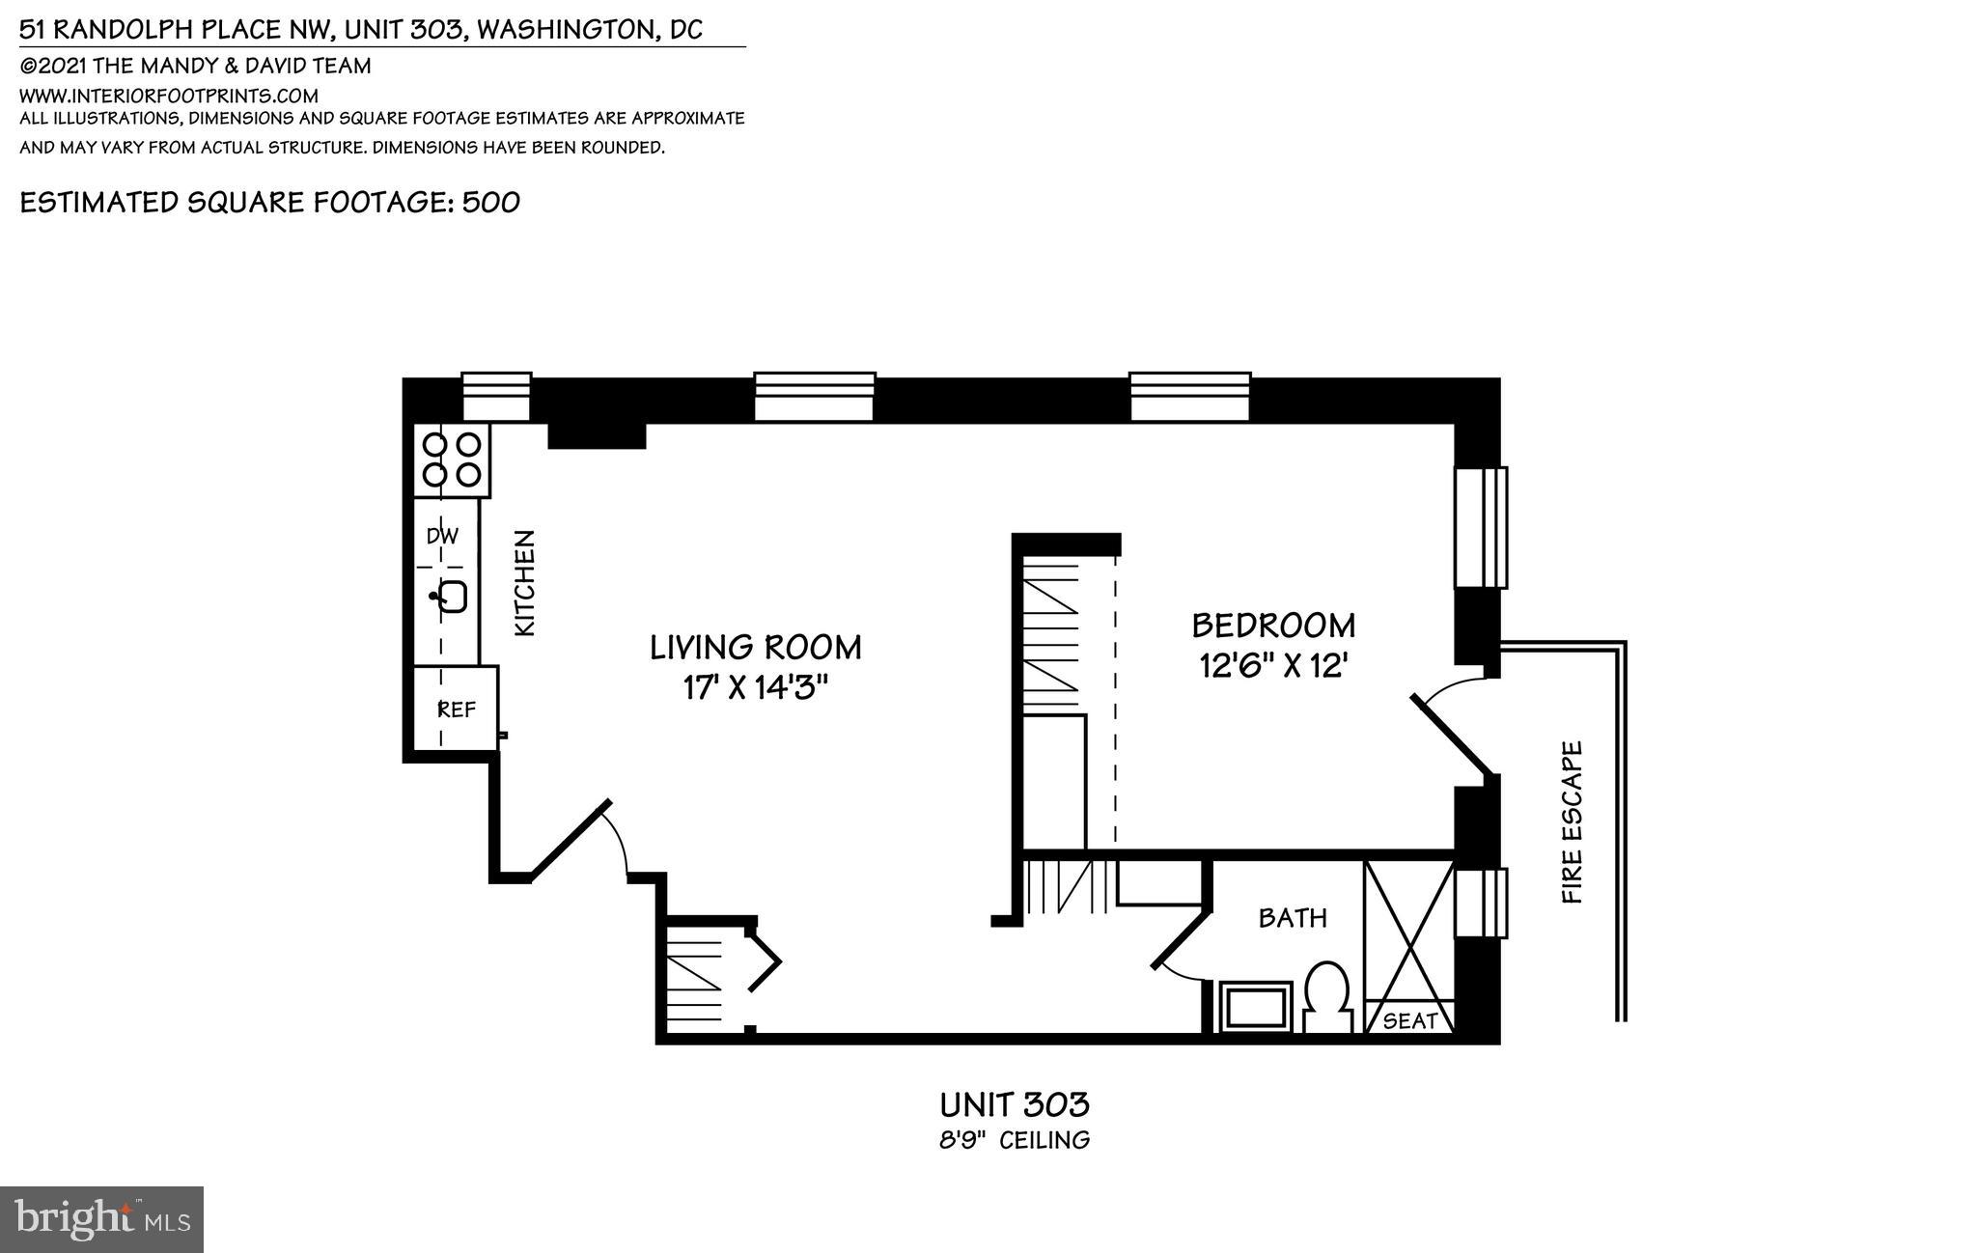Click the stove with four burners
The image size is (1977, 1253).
452,459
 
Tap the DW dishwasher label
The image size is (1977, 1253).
442,536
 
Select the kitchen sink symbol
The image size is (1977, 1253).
451,597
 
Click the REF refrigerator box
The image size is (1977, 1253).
457,710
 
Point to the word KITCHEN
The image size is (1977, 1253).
524,582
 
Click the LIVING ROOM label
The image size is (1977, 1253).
755,647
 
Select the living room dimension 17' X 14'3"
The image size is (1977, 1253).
755,688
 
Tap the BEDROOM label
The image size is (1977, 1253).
1273,626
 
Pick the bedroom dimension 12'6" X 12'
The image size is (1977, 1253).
1273,666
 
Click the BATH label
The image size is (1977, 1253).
1293,917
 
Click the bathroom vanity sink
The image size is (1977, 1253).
1255,1008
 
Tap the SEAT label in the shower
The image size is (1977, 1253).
1409,1020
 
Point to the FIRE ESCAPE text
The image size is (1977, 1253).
1573,821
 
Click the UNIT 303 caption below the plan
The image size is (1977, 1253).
1015,1103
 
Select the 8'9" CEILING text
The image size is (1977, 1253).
1015,1140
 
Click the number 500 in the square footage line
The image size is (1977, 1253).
491,202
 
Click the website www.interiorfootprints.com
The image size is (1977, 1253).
169,96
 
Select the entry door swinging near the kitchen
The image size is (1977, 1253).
571,838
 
